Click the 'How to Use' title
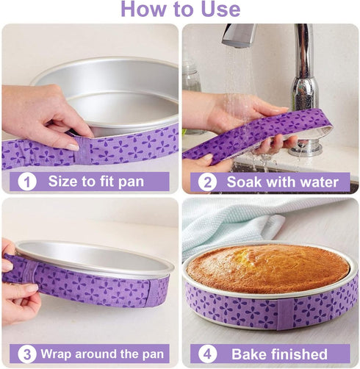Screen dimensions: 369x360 (180, 10)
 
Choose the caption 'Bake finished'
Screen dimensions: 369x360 (279, 354)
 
